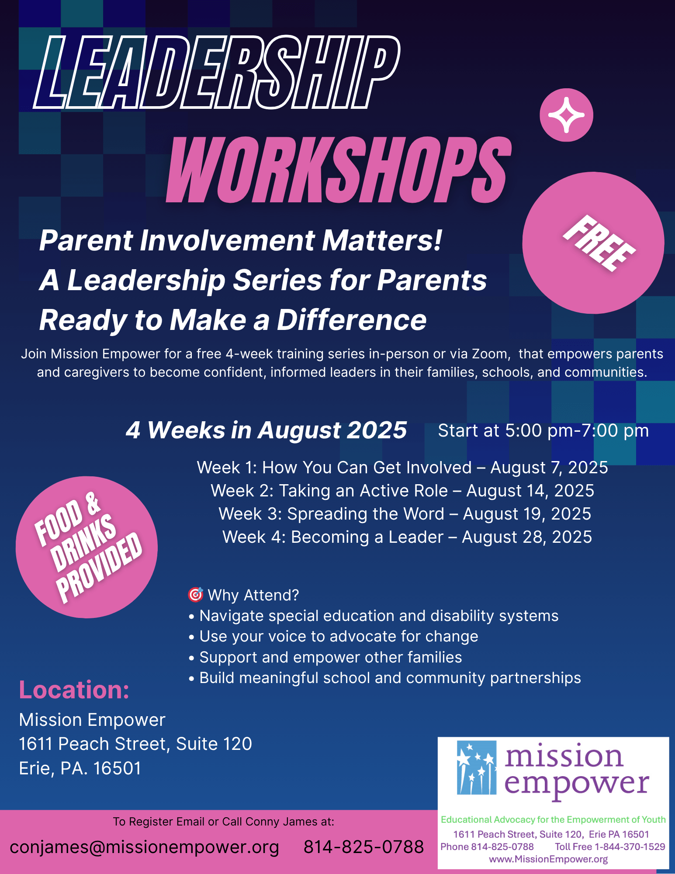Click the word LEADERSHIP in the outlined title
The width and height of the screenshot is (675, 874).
(217, 72)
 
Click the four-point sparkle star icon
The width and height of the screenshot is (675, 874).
(566, 115)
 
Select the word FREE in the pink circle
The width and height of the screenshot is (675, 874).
(599, 243)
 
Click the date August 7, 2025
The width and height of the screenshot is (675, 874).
(549, 468)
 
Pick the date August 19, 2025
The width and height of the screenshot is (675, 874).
(527, 514)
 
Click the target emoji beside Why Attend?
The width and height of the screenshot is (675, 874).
(195, 594)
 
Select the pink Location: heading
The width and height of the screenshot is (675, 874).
(74, 690)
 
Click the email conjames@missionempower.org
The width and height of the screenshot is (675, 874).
(144, 847)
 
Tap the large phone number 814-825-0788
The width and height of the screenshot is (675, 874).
(363, 847)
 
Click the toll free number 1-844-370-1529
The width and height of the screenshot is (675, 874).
(630, 847)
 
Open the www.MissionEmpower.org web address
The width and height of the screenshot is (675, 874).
(548, 859)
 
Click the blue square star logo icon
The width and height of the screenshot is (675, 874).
(477, 767)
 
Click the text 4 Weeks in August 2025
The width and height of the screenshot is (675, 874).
(266, 430)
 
